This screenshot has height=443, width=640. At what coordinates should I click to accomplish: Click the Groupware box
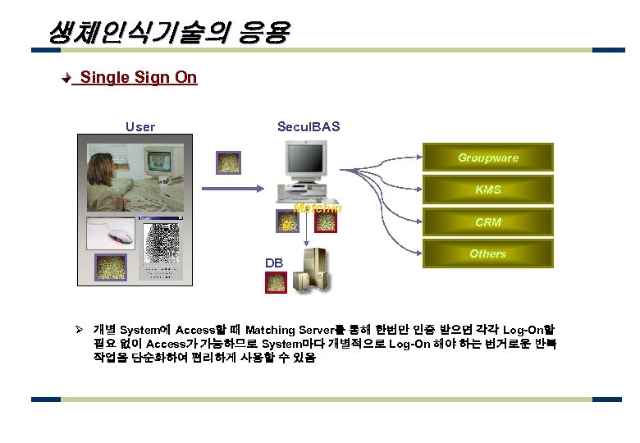[x=487, y=158]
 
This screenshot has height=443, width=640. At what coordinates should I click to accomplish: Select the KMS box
[x=487, y=190]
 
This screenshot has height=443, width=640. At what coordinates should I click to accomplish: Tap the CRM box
[x=487, y=221]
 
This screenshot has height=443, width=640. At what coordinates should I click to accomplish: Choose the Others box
[x=487, y=253]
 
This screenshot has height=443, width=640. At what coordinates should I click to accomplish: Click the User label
[x=139, y=126]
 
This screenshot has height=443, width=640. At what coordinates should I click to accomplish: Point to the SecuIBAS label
[x=309, y=126]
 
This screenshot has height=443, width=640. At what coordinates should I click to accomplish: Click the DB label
[x=273, y=263]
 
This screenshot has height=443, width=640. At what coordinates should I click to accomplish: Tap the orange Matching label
[x=318, y=208]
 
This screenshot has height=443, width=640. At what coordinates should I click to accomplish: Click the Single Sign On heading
[x=139, y=77]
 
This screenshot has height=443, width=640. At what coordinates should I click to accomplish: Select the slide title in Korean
[x=168, y=33]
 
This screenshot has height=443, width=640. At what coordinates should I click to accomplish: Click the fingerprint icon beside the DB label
[x=277, y=282]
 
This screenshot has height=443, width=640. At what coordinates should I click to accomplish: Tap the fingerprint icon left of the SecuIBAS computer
[x=227, y=162]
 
